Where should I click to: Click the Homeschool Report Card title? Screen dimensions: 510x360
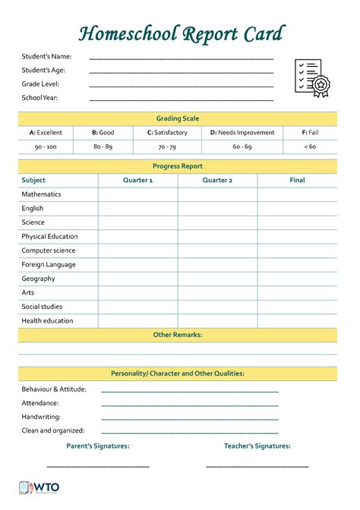tap(181, 33)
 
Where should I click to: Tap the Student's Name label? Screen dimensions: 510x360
tap(46, 56)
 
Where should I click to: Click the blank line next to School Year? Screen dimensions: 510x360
tap(181, 99)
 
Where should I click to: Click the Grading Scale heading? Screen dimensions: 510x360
tap(178, 118)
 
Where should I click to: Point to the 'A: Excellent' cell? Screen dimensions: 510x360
tap(46, 133)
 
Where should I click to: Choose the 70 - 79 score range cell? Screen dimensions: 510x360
tap(166, 146)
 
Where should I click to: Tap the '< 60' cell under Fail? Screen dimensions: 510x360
tap(310, 146)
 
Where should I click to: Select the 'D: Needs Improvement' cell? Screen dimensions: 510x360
tap(242, 133)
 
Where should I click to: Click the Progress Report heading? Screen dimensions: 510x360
tap(178, 166)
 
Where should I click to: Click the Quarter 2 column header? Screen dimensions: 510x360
tap(217, 181)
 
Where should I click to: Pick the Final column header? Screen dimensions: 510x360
tap(297, 181)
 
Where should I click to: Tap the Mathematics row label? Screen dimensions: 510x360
tap(41, 194)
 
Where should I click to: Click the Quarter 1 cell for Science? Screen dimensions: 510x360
tap(137, 222)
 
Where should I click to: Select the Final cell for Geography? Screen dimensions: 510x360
tap(297, 279)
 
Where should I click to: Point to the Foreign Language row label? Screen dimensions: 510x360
tap(49, 265)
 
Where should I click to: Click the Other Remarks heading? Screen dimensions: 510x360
tap(178, 335)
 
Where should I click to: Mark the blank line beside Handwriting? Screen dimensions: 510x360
tap(189, 417)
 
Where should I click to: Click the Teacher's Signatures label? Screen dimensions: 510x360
tap(257, 446)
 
